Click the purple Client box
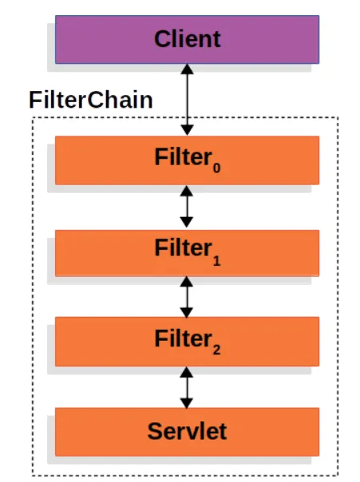[x=187, y=40]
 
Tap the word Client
[x=188, y=39]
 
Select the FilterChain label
[x=91, y=100]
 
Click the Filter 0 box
[x=187, y=160]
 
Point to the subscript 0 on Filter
[x=216, y=168]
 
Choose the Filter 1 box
[x=187, y=253]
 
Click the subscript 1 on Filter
[x=217, y=261]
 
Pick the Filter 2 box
[x=187, y=342]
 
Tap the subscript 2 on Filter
[x=216, y=350]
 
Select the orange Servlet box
[x=187, y=432]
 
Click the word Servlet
[x=187, y=431]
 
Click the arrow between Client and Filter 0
[x=187, y=100]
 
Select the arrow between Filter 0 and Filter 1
[x=187, y=207]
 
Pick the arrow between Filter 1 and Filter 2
[x=187, y=297]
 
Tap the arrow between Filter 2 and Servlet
[x=187, y=387]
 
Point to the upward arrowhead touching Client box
[x=188, y=69]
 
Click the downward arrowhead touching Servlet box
[x=187, y=403]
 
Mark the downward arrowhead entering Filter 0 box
[x=187, y=130]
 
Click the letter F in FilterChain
[x=35, y=100]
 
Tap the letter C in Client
[x=162, y=39]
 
